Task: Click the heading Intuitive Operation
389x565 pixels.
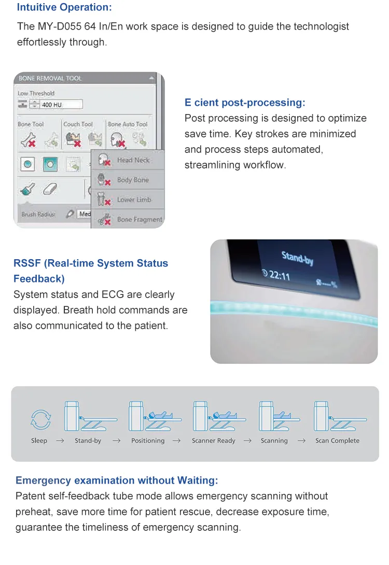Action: (64, 7)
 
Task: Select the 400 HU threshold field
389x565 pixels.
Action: (61, 105)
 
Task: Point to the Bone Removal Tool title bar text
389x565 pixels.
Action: (50, 78)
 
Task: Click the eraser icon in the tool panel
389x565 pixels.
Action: (50, 189)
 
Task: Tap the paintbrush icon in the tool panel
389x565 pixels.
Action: (28, 189)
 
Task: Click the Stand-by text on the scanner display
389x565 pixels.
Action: (297, 258)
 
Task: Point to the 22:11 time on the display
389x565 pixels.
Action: (276, 275)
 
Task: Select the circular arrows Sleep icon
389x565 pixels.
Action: (41, 419)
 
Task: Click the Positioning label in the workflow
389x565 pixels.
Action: (148, 441)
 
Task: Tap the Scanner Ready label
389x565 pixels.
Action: (213, 441)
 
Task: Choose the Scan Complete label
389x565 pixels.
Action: (338, 441)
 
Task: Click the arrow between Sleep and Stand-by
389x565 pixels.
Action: (60, 441)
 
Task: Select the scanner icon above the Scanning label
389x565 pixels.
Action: (279, 417)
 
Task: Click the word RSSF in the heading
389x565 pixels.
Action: (27, 263)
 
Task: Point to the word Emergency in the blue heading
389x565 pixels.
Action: (43, 481)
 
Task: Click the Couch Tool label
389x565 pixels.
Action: (78, 124)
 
